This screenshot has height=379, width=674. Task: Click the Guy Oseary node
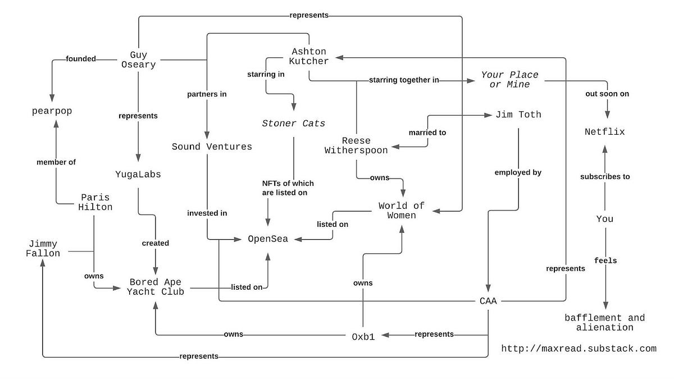[139, 60]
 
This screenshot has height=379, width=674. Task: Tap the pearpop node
[52, 111]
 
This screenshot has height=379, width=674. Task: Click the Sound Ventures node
[212, 147]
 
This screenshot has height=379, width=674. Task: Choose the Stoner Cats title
[294, 124]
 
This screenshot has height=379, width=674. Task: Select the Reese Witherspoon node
[356, 145]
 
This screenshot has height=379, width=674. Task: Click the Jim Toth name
[518, 115]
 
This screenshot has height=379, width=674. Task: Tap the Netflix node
[604, 133]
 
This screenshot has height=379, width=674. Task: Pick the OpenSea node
[268, 239]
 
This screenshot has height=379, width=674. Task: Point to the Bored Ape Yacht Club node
[156, 286]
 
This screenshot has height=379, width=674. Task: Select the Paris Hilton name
[95, 202]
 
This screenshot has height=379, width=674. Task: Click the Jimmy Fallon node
[43, 249]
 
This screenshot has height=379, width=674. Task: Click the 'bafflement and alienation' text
[604, 322]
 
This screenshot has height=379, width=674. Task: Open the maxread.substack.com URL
[579, 349]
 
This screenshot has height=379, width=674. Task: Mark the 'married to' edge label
[427, 133]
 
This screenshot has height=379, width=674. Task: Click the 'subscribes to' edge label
[604, 176]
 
